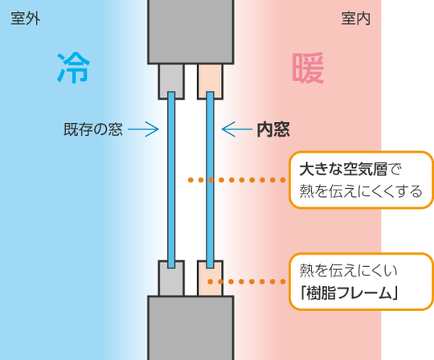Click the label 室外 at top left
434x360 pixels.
(x=26, y=18)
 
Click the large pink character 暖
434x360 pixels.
(x=309, y=69)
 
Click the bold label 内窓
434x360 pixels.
(x=272, y=129)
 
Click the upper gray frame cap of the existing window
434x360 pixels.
(x=171, y=79)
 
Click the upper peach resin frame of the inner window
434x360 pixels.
(x=211, y=79)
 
